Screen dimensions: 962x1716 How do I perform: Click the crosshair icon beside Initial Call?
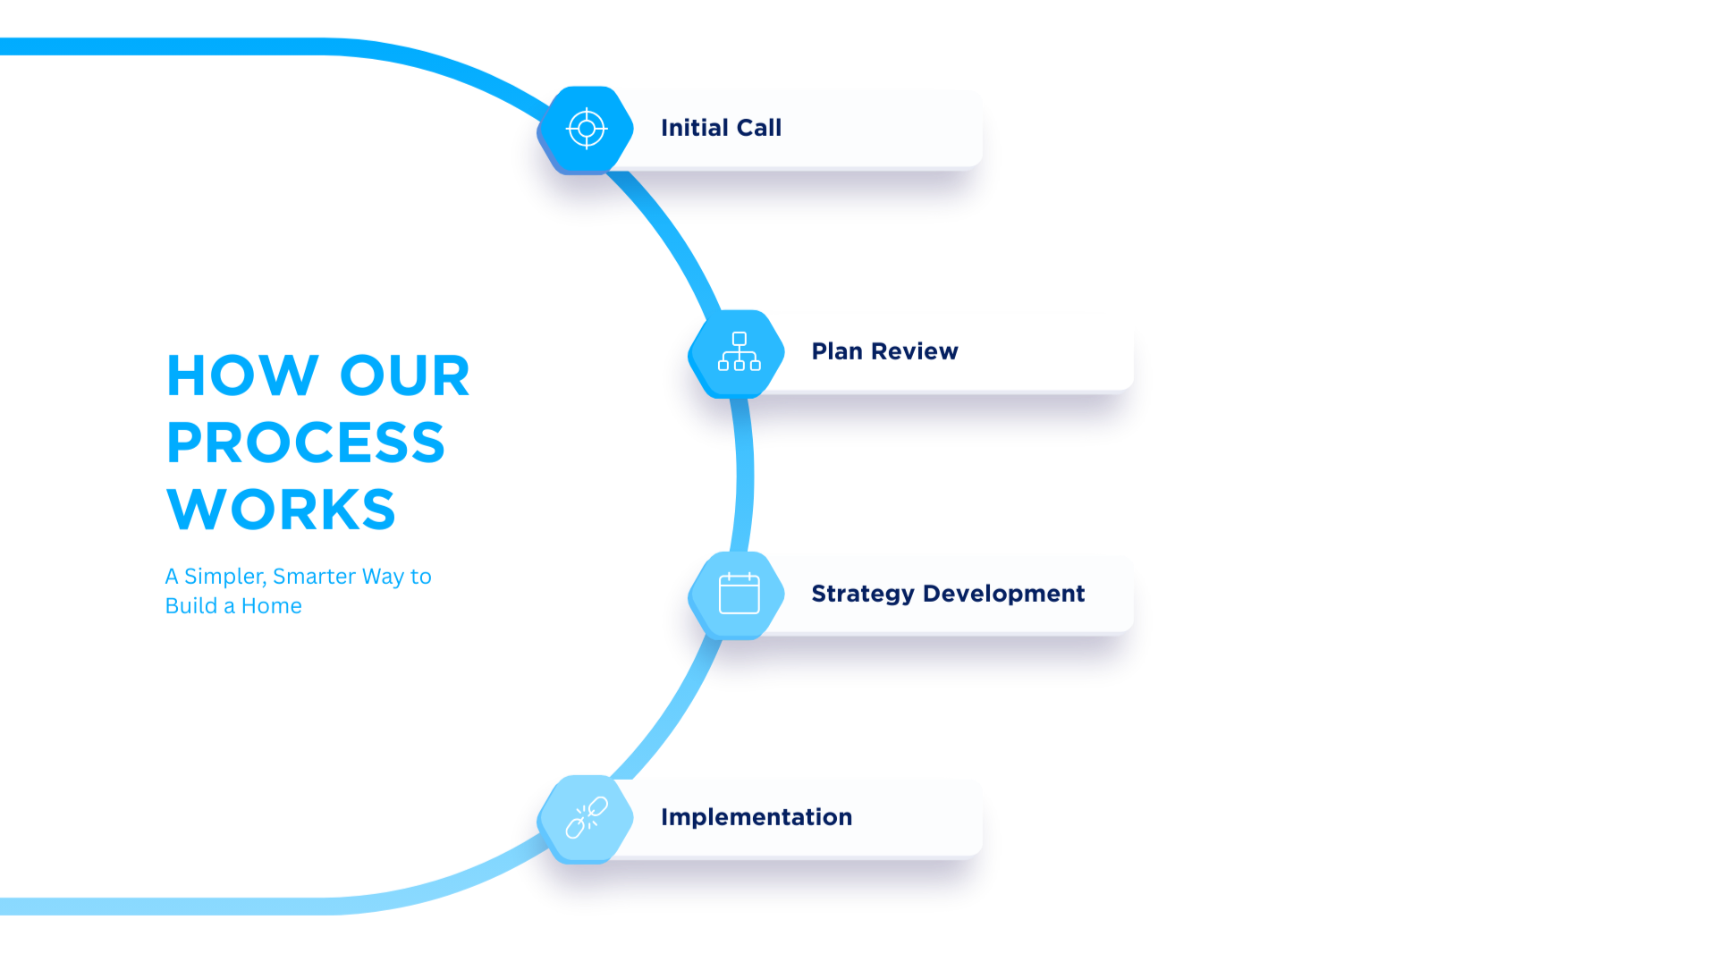coord(587,129)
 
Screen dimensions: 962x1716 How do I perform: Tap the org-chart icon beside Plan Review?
coord(739,352)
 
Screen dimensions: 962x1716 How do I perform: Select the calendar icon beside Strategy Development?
coord(739,594)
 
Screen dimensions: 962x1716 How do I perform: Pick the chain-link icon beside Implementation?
coord(587,818)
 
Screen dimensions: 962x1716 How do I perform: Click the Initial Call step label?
coord(721,128)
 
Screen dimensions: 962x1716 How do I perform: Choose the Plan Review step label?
coord(884,351)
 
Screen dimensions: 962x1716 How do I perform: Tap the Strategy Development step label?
coord(948,594)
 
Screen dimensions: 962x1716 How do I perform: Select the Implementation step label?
coord(757,817)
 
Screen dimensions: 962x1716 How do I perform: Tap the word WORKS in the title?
coord(281,509)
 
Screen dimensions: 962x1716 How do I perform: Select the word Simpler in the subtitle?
coord(224,577)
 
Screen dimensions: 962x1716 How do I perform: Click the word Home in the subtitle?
coord(271,606)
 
